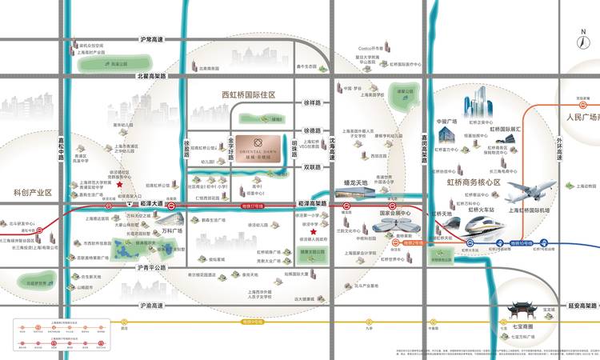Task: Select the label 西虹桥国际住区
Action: [249, 95]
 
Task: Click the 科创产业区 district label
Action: [33, 193]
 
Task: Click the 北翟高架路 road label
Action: [151, 76]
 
